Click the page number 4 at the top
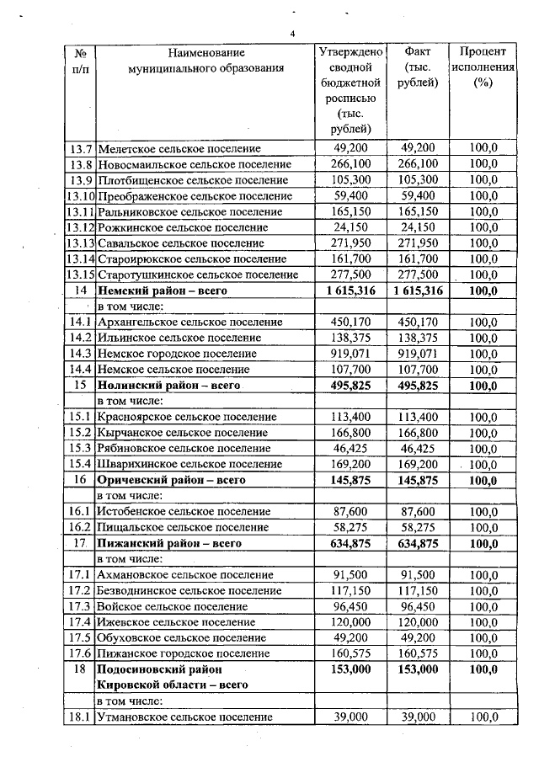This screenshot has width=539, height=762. pos(292,33)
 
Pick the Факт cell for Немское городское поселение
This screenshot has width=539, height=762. pos(417,354)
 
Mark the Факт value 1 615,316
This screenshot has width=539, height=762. pos(417,290)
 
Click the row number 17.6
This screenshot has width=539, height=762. pos(80,653)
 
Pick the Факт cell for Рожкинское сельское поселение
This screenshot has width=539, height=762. pos(417,227)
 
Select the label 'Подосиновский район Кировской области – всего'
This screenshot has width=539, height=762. pos(173,677)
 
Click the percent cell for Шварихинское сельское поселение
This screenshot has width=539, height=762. pos(483,464)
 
